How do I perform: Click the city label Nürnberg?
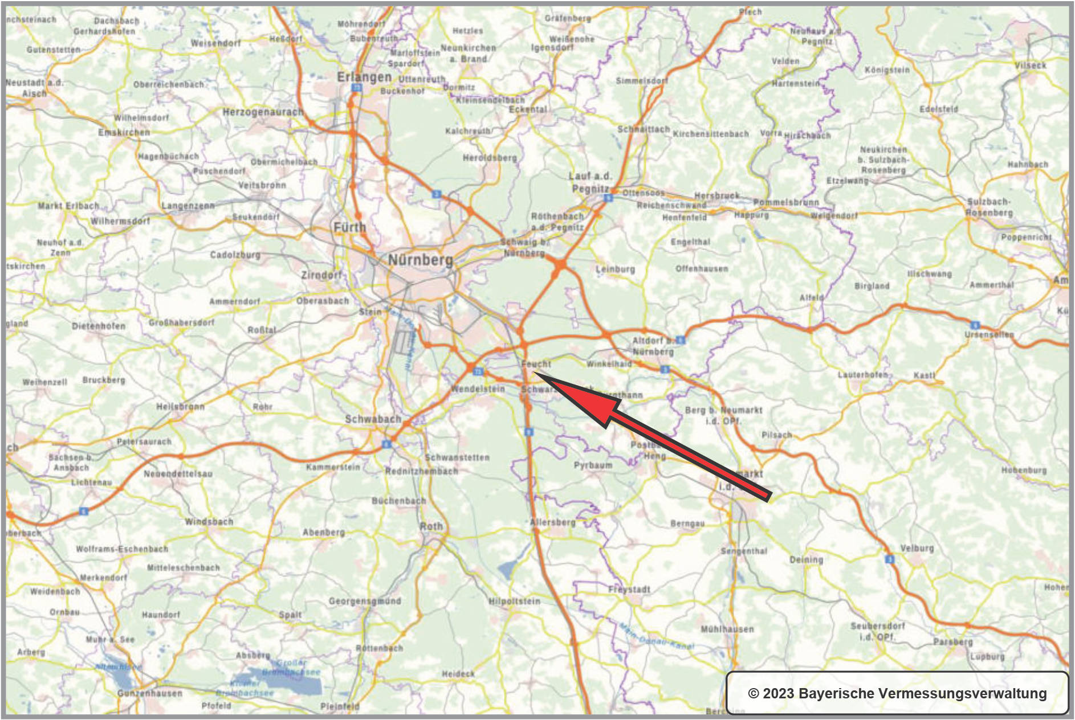pos(420,260)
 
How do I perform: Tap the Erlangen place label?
pos(364,77)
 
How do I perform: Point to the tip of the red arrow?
pos(535,373)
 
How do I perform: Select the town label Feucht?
pos(536,363)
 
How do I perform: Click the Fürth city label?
pos(349,228)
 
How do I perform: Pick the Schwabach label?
pos(373,419)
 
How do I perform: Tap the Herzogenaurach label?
pos(263,112)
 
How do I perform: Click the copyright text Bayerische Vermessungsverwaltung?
pos(897,693)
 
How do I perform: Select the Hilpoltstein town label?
pos(514,601)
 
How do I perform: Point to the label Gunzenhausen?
pos(150,693)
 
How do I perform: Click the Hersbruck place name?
pos(716,195)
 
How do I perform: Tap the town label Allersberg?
pos(552,522)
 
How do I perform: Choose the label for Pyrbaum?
pos(593,465)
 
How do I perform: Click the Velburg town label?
pos(917,548)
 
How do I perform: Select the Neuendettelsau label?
pos(178,473)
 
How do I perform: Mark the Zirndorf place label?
pos(321,275)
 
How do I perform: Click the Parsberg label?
pos(952,642)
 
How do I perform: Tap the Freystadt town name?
pos(629,589)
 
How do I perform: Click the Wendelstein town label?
pos(478,388)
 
